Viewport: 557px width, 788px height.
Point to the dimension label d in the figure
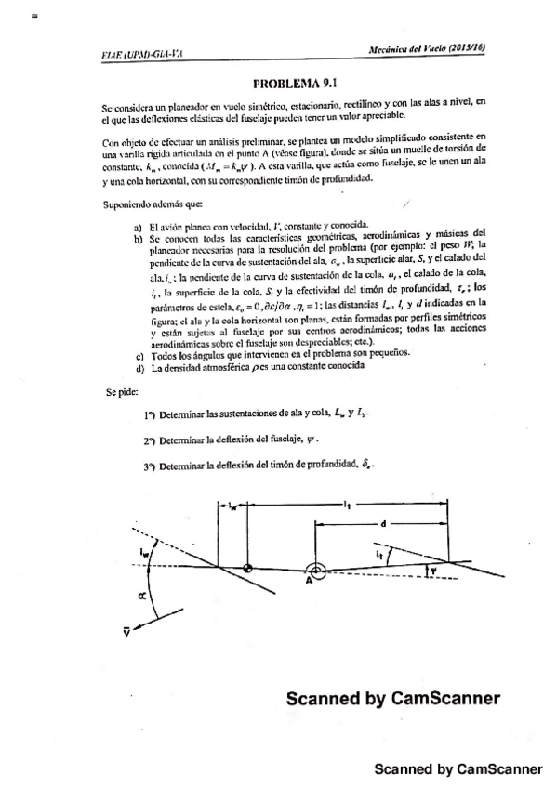point(383,525)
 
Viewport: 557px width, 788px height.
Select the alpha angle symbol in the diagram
point(129,598)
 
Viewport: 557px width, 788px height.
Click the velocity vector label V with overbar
point(126,631)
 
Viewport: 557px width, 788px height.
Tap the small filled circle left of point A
point(247,567)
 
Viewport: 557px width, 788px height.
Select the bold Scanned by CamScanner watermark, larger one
point(392,699)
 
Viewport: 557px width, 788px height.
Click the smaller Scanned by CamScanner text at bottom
point(458,769)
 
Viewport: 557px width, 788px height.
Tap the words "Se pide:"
point(121,392)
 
